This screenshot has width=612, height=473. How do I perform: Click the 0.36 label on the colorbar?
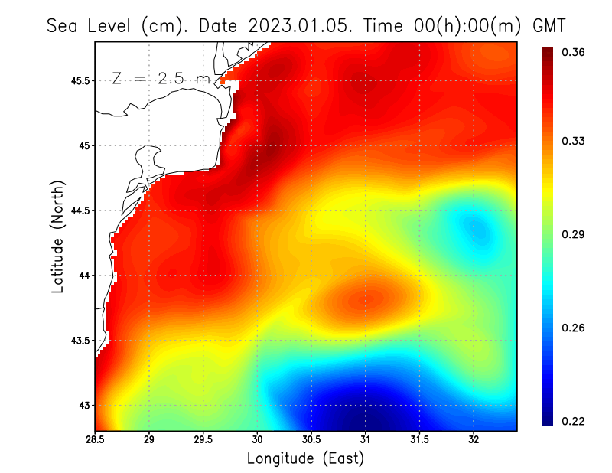pos(575,52)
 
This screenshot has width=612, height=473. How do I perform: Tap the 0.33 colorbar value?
pos(575,141)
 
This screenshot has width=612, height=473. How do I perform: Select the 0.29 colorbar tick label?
pos(575,234)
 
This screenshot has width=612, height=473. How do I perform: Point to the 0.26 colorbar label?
pos(575,328)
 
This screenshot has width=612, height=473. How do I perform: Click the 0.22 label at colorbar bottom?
pos(575,421)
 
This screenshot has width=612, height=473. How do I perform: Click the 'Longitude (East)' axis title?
pos(305,458)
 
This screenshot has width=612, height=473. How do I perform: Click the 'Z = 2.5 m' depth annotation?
pos(161,79)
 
